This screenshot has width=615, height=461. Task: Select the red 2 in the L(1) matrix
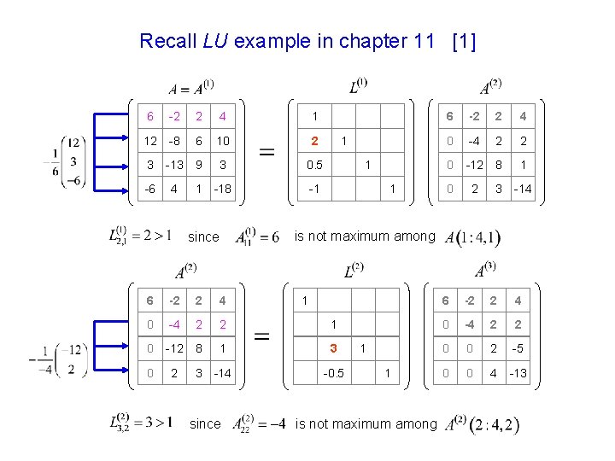314,140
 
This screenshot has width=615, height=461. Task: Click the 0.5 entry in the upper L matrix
314,165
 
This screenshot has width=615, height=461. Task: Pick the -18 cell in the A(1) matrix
221,188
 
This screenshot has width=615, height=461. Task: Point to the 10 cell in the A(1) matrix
221,140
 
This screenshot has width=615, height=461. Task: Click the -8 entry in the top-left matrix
174,140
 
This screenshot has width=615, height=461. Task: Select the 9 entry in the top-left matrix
198,165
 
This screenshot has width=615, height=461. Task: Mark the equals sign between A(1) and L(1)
266,154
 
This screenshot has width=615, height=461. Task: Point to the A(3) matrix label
484,272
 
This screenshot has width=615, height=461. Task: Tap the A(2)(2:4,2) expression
482,424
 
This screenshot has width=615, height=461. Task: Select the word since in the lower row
204,423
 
